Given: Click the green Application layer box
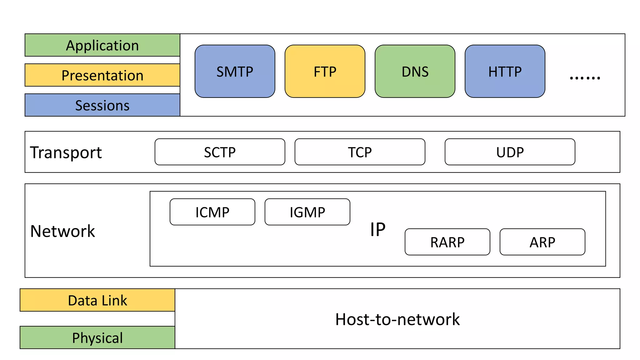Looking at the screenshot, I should point(102,45).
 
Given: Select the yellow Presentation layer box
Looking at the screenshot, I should point(102,75).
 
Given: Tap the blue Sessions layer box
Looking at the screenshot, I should point(102,105).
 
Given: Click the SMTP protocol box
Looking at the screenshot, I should point(235,72).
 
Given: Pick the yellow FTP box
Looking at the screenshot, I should point(325,72).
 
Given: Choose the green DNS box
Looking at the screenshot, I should point(415,72).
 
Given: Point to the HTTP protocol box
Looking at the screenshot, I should point(505,72).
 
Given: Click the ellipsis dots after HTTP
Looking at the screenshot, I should point(585,77).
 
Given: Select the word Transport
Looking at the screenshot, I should point(66,152).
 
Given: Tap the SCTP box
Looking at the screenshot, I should point(220,152).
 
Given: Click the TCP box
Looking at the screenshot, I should point(360,152).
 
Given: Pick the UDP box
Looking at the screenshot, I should point(510,152).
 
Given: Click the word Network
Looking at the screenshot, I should point(62,231).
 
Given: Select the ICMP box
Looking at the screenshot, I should point(212,212).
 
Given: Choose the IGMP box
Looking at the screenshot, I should point(307,212).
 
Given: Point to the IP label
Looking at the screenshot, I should point(377,230).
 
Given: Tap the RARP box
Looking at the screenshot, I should point(447,242).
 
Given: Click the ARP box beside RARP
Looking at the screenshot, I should point(542,242).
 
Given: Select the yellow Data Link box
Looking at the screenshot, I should point(97,300).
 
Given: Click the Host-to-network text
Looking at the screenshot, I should point(397,319).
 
